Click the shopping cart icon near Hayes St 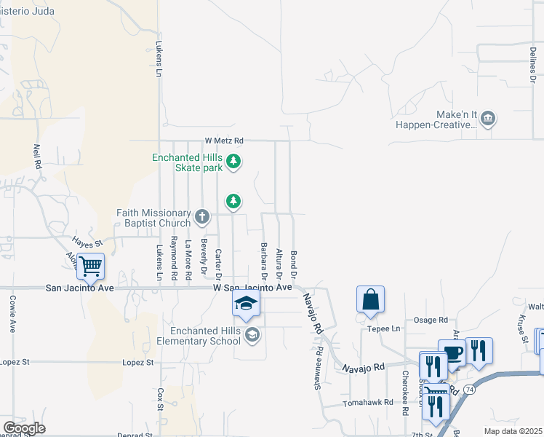pyautogui.click(x=90, y=267)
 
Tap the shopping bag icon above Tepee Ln pyautogui.click(x=370, y=299)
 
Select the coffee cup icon pyautogui.click(x=453, y=353)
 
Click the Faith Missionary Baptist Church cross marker pyautogui.click(x=202, y=217)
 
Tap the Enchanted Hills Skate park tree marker pyautogui.click(x=233, y=161)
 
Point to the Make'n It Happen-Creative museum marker pyautogui.click(x=487, y=118)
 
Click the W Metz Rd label pyautogui.click(x=223, y=141)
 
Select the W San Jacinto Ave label pyautogui.click(x=252, y=288)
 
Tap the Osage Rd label pyautogui.click(x=431, y=320)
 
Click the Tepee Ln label pyautogui.click(x=386, y=328)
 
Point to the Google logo pyautogui.click(x=24, y=428)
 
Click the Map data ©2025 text pyautogui.click(x=513, y=431)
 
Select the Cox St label pyautogui.click(x=161, y=399)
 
